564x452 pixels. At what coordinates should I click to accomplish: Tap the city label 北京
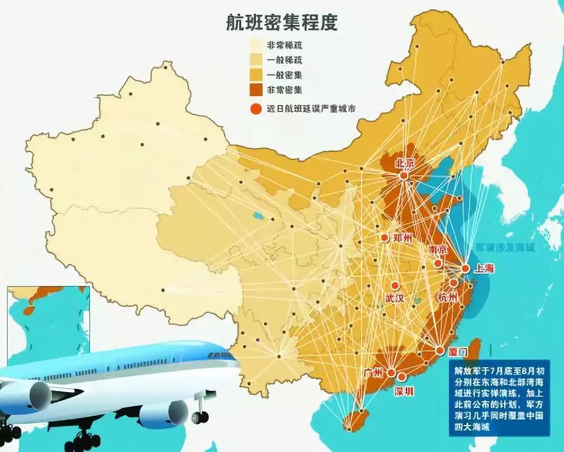coord(404,163)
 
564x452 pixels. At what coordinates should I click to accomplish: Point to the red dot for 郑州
coord(385,238)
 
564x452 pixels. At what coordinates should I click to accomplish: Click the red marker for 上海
coord(465,269)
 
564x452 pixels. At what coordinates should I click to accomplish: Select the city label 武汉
coord(394,299)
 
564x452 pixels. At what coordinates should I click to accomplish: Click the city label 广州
coord(373,372)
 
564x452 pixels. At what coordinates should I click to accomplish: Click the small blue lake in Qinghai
coord(258,215)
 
